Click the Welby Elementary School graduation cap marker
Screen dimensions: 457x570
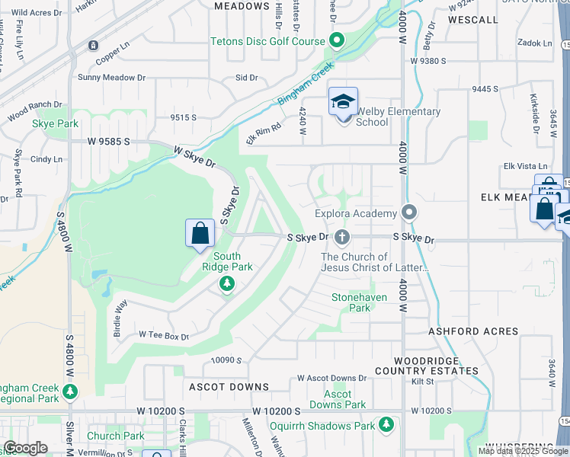coord(343,101)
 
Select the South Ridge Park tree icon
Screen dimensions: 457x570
coord(226,284)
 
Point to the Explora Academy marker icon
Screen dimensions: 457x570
coord(410,213)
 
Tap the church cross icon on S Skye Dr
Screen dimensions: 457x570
coord(342,238)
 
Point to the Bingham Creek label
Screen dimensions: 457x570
coord(306,86)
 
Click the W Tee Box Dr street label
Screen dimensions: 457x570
coord(163,335)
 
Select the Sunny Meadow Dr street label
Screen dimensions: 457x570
coord(111,78)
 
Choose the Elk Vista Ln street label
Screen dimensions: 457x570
coord(526,166)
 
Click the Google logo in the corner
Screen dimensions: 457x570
coord(25,448)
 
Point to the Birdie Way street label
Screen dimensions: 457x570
coord(119,312)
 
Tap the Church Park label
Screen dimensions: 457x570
coord(115,436)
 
